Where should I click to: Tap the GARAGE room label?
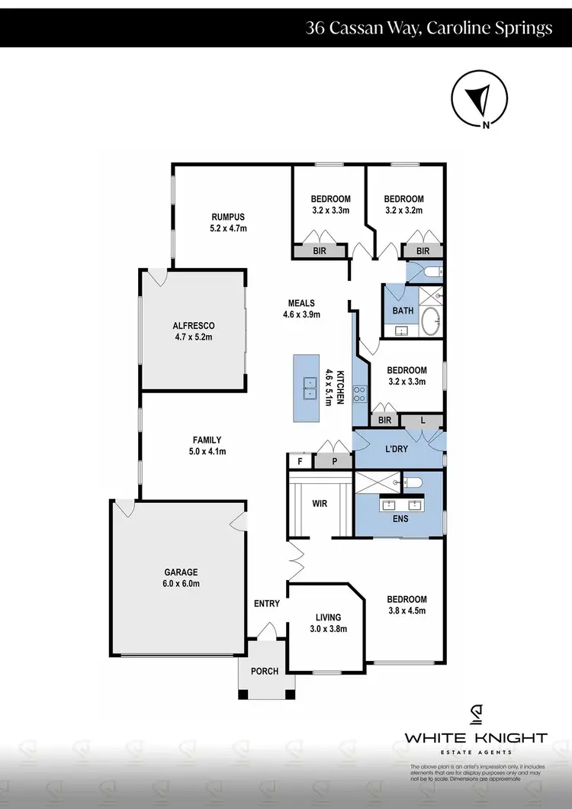181,572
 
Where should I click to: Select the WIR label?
320,504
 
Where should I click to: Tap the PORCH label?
265,672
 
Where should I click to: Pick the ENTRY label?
267,604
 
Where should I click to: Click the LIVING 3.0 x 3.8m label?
328,623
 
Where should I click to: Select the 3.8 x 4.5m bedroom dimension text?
407,610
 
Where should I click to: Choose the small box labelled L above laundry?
424,420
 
